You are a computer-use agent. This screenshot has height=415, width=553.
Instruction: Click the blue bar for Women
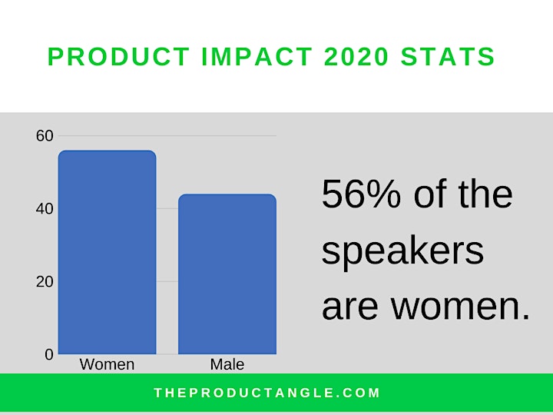pyautogui.click(x=108, y=252)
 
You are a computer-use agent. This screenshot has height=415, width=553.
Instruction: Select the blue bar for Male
pyautogui.click(x=227, y=274)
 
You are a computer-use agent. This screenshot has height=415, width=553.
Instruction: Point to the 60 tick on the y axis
pyautogui.click(x=45, y=136)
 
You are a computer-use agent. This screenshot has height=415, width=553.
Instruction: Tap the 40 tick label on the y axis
pyautogui.click(x=45, y=209)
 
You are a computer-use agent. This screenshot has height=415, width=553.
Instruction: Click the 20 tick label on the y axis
pyautogui.click(x=45, y=281)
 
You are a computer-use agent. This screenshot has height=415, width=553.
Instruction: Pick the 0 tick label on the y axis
pyautogui.click(x=49, y=354)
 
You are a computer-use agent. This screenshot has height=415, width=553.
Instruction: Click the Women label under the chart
pyautogui.click(x=108, y=364)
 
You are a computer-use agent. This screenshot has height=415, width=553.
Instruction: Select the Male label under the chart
pyautogui.click(x=227, y=364)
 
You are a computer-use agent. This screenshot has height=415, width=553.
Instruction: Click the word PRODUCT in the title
pyautogui.click(x=119, y=56)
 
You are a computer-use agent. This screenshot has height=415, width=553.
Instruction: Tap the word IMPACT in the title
pyautogui.click(x=257, y=56)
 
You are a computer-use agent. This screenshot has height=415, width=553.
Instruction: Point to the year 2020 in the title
pyautogui.click(x=356, y=56)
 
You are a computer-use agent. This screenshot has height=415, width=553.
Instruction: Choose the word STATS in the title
pyautogui.click(x=448, y=56)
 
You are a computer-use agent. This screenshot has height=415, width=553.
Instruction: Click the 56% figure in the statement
pyautogui.click(x=361, y=194)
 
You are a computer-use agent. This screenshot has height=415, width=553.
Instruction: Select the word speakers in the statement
pyautogui.click(x=402, y=252)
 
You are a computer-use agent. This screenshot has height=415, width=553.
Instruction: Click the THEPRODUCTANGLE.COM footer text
pyautogui.click(x=267, y=393)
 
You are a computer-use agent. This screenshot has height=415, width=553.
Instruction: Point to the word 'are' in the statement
pyautogui.click(x=350, y=307)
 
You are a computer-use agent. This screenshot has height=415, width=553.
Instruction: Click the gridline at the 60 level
pyautogui.click(x=167, y=136)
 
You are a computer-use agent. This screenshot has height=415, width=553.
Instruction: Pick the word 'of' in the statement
pyautogui.click(x=430, y=194)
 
